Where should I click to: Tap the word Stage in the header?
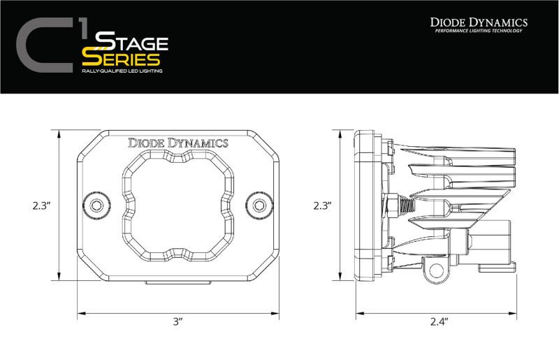pos(125,41)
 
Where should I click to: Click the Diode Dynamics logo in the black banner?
pos(478,22)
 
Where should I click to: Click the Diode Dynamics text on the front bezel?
pos(177,143)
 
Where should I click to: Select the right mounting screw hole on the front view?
pos(260,205)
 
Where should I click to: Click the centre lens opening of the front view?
pos(177,203)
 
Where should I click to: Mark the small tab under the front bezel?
pos(177,281)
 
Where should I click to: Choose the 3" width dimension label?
pos(177,322)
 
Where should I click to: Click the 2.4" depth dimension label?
pos(439,322)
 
